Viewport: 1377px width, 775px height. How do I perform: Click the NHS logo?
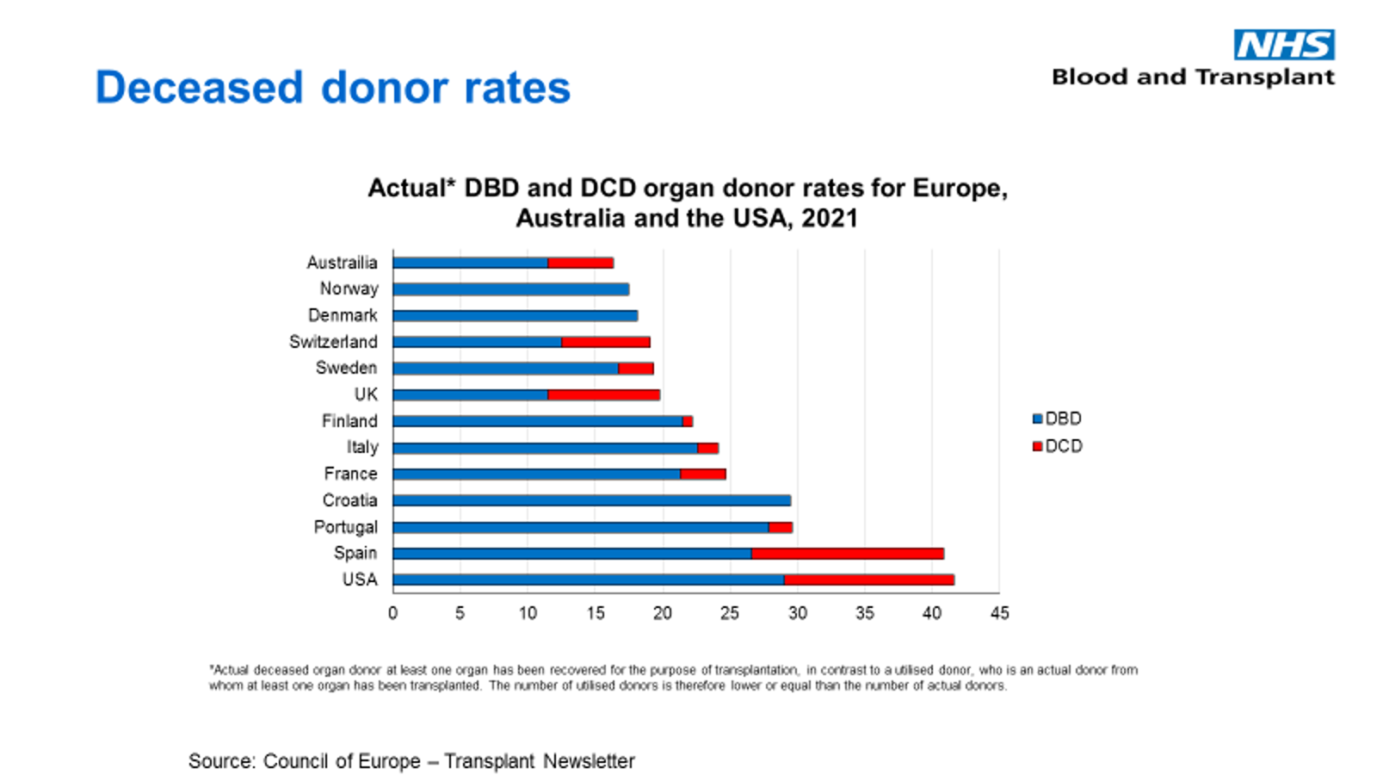click(x=1284, y=45)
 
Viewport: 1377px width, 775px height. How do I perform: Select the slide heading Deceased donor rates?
click(x=332, y=88)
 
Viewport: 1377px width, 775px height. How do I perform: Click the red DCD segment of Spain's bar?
click(x=847, y=554)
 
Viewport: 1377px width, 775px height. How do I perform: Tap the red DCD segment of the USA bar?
click(x=869, y=580)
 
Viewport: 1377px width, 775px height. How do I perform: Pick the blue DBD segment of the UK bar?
click(x=470, y=395)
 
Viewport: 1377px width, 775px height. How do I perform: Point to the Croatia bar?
click(x=591, y=500)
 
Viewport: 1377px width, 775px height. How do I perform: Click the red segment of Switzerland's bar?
click(x=605, y=342)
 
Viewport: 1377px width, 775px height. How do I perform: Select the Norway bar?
click(x=510, y=289)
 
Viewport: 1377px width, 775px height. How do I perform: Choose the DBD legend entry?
click(x=1057, y=418)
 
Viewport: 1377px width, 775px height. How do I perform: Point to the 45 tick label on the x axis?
click(x=999, y=613)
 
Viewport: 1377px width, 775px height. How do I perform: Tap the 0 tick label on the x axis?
click(x=393, y=613)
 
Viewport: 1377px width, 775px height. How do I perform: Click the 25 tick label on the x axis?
click(x=730, y=613)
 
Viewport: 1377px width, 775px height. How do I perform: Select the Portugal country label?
click(x=345, y=527)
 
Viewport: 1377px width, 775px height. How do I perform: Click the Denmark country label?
click(x=343, y=315)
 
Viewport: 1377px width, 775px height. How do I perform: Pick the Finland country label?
click(x=349, y=421)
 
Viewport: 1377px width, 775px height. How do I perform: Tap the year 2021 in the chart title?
click(x=829, y=218)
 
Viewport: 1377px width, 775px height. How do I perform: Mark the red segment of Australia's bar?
click(x=580, y=263)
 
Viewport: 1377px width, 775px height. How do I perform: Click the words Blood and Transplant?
click(x=1193, y=77)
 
